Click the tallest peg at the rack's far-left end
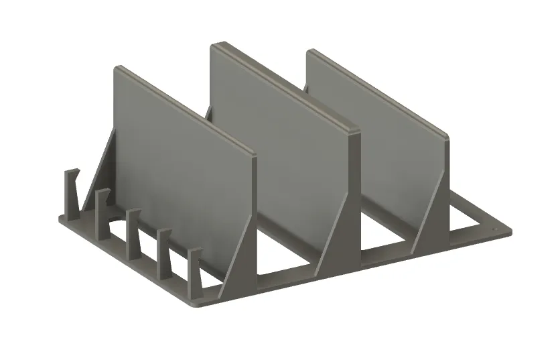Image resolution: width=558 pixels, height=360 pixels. pos(70,190)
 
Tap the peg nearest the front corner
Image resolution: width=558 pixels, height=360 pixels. pos(194,272)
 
